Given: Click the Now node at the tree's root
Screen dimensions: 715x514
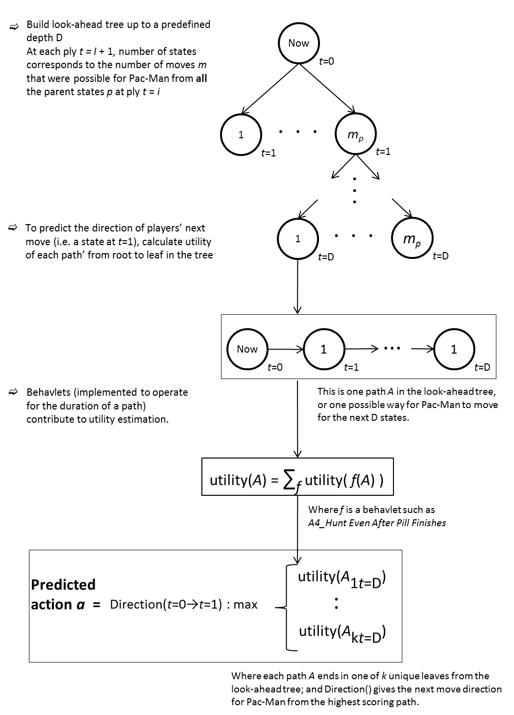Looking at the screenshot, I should click(298, 43).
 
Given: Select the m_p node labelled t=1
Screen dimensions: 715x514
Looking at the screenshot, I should click(356, 134).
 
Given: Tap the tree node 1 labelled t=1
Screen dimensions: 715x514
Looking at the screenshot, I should click(241, 135).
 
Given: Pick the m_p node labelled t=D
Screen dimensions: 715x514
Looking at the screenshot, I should click(412, 238).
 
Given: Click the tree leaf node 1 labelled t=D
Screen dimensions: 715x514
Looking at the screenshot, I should click(298, 239).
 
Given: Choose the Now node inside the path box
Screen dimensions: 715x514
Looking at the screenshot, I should click(247, 349).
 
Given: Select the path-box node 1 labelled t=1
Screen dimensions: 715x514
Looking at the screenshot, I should click(324, 349).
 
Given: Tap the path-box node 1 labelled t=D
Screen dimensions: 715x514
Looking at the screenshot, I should click(454, 349).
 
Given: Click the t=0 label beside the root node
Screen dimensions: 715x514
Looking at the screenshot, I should click(327, 61).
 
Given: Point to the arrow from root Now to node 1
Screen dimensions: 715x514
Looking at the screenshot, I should click(269, 89).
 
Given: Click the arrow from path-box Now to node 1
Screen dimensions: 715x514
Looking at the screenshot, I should click(286, 349).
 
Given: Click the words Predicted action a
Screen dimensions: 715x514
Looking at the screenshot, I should click(63, 594).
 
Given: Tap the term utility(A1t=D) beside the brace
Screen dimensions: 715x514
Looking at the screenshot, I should click(342, 579).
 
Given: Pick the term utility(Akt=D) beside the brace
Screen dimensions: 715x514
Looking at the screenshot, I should click(342, 632).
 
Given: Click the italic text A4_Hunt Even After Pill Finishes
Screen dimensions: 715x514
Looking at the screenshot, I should click(377, 523).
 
